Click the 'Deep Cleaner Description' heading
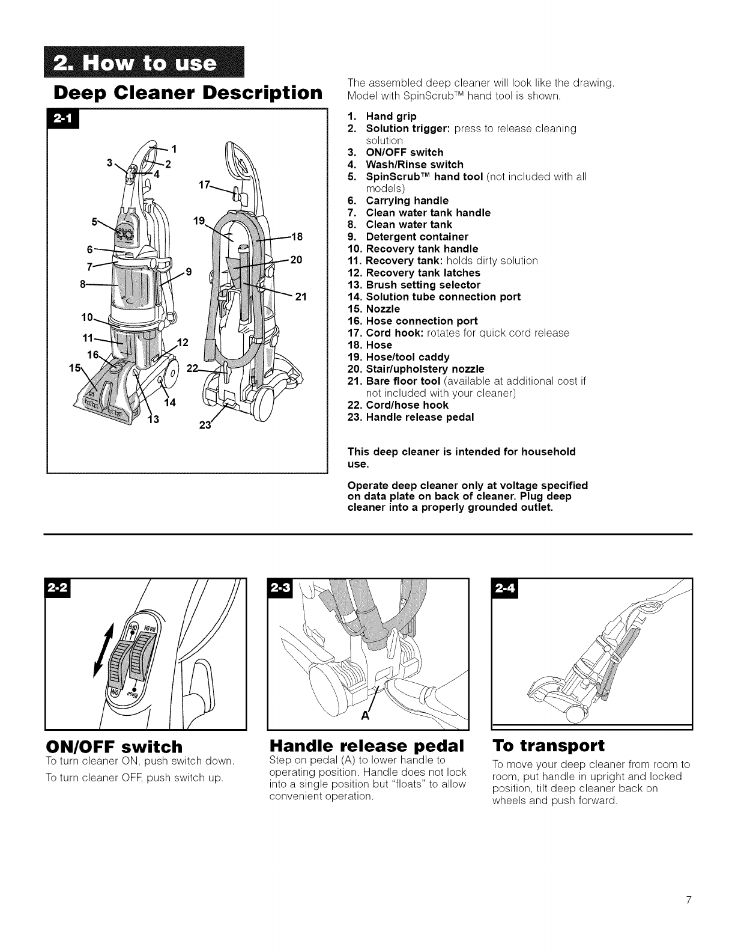[x=186, y=93]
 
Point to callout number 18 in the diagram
[x=296, y=236]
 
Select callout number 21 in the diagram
[x=301, y=296]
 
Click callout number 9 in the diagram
[x=189, y=271]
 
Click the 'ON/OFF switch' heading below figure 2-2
[x=113, y=746]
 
